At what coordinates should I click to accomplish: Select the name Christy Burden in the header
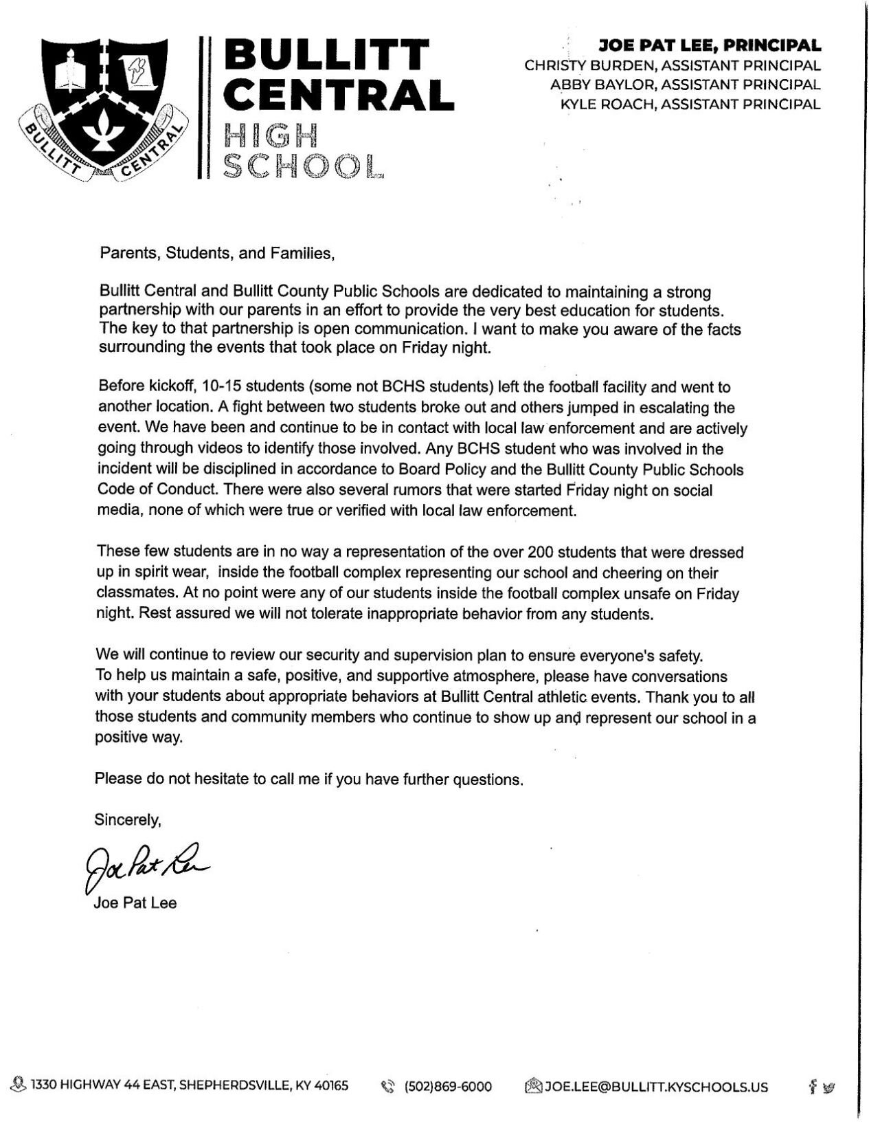(585, 66)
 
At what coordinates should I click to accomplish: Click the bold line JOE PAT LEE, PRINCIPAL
(710, 46)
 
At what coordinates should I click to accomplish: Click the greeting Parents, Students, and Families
(217, 254)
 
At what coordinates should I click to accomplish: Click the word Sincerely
(128, 819)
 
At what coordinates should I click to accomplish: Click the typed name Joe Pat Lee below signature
(135, 903)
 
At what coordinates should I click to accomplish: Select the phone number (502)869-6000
(448, 1087)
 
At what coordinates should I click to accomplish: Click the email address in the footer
(655, 1087)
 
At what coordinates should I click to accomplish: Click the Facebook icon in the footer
(813, 1087)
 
